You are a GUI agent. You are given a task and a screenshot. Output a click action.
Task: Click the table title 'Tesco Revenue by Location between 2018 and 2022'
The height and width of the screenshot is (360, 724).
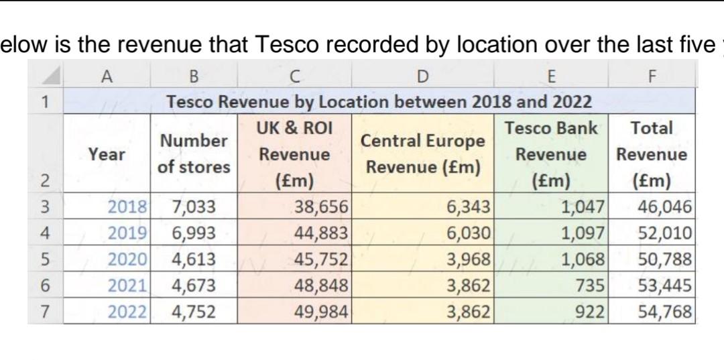(379, 102)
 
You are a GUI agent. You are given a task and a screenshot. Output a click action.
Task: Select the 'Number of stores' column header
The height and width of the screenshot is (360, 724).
(194, 154)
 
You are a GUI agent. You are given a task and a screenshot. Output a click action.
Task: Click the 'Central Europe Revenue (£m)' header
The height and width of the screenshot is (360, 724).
(422, 154)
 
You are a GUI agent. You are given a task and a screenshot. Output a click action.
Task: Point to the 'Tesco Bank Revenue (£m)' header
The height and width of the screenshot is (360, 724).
(550, 154)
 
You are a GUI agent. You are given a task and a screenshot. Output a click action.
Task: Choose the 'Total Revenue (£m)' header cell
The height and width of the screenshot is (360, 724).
(652, 154)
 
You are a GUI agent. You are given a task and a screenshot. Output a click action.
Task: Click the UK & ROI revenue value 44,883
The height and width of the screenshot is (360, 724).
(322, 233)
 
